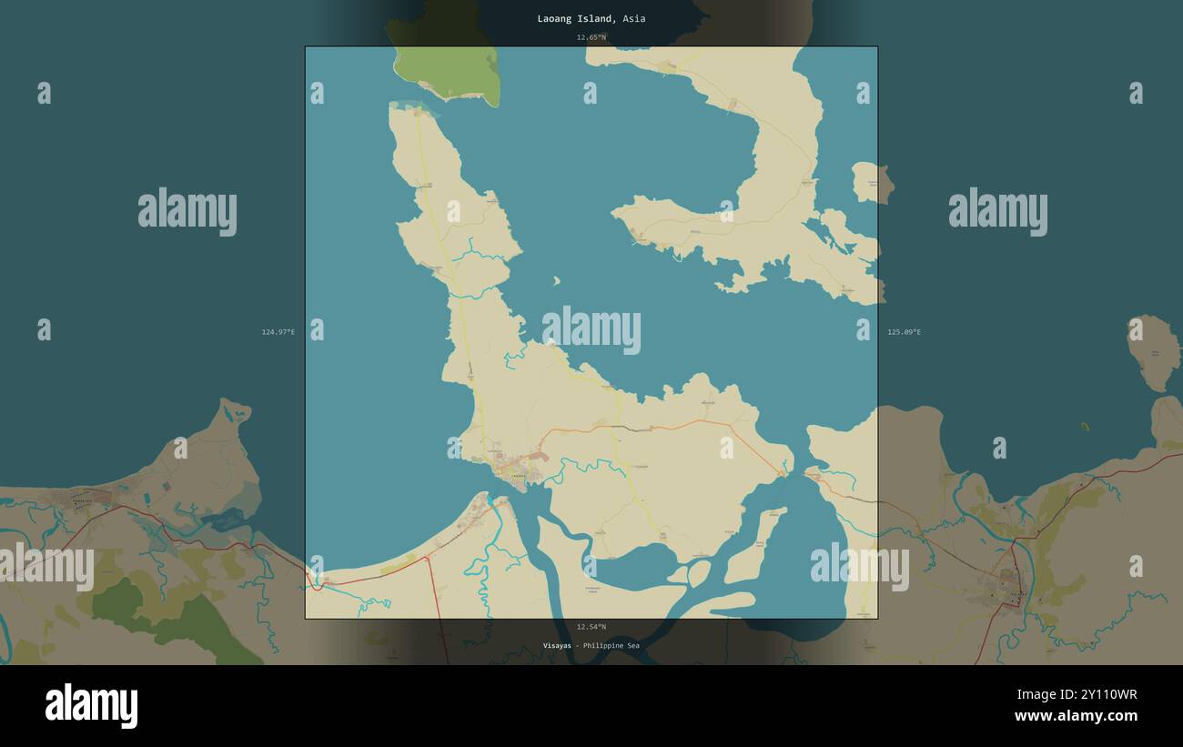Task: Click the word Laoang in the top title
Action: (555, 18)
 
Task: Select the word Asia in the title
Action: (634, 18)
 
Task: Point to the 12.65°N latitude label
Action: (591, 37)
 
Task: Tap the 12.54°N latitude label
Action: (591, 627)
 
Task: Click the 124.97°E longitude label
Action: (278, 332)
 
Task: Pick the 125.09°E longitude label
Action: (904, 332)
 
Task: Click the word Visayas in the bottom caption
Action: (558, 646)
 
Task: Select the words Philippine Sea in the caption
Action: (612, 646)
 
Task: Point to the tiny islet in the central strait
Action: (556, 281)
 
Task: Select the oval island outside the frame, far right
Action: (1153, 352)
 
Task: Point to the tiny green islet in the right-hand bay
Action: (1084, 426)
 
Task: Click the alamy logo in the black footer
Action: (91, 706)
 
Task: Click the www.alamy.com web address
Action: (1076, 716)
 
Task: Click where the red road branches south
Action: (428, 558)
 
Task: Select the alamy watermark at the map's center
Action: (591, 329)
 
